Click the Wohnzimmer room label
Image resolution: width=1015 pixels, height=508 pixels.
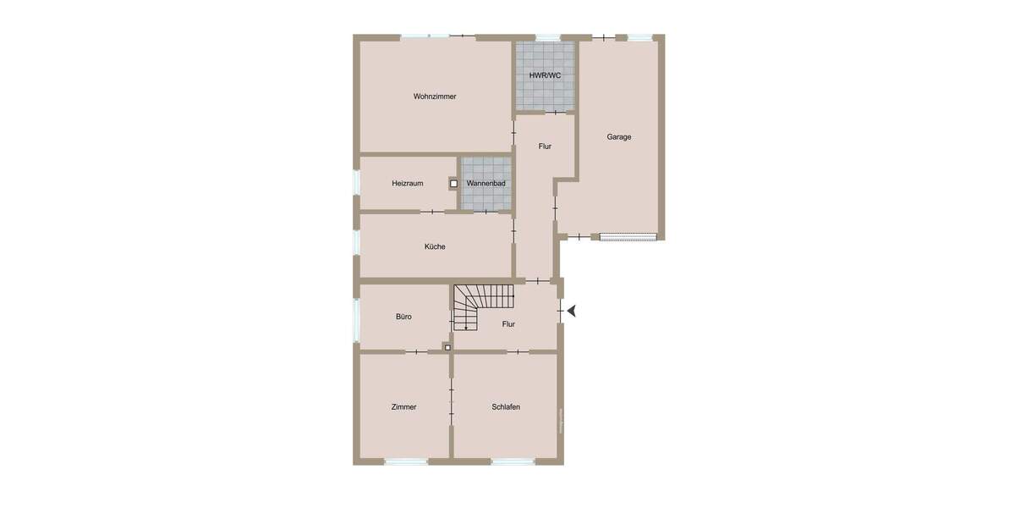tap(435, 97)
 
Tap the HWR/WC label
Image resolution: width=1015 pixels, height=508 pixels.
tap(546, 75)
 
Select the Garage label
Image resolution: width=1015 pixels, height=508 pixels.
tap(618, 137)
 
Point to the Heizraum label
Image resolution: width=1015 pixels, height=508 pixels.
tap(407, 184)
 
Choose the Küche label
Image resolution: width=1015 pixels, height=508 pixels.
tap(435, 247)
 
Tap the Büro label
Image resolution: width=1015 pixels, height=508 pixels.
tap(403, 317)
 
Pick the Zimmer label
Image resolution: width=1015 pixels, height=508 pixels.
tap(403, 407)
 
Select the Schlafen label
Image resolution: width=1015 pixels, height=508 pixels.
tap(506, 407)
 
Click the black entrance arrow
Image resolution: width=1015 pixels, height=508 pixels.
tap(573, 311)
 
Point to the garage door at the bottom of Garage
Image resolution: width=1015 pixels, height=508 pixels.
tap(628, 237)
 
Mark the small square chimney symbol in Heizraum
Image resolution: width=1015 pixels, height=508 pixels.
tap(453, 183)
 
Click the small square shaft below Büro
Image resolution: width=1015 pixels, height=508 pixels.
tap(447, 346)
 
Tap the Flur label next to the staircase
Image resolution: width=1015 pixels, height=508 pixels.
tap(508, 324)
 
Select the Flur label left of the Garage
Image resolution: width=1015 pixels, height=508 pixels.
tap(545, 146)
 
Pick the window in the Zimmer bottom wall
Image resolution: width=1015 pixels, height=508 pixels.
tap(406, 461)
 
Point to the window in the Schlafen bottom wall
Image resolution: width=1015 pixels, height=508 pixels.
tap(513, 461)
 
